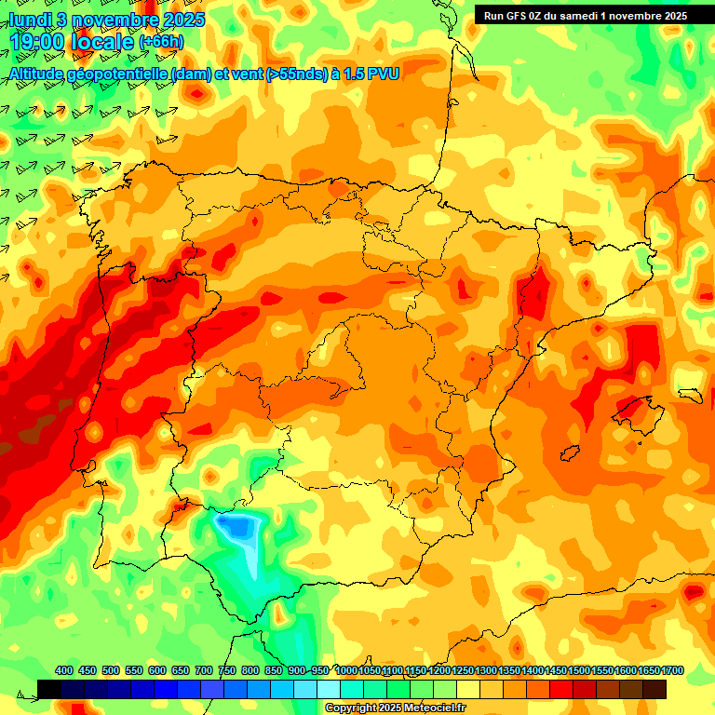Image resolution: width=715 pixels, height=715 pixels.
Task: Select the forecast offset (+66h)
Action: point(162,42)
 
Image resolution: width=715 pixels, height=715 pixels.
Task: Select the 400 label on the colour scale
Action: point(64,670)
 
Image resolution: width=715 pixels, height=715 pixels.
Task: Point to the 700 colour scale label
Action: point(204,670)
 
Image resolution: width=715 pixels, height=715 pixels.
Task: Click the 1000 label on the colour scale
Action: point(346,670)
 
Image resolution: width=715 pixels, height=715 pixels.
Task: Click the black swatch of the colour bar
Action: point(49,689)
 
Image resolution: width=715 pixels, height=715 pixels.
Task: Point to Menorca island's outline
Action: point(691,393)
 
